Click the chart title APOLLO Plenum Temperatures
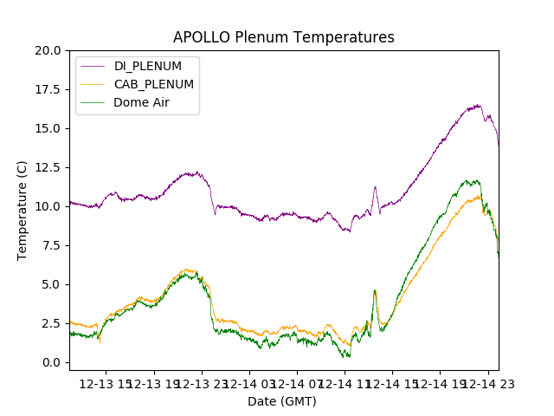(283, 37)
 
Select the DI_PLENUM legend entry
(148, 66)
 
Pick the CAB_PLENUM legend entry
(153, 84)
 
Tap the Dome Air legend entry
(141, 102)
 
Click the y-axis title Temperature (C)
(23, 210)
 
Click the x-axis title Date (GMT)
(282, 401)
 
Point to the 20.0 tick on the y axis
(48, 50)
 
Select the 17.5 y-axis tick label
(48, 89)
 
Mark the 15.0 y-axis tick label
(48, 128)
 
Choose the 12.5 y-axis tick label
(48, 167)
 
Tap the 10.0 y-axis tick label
(48, 206)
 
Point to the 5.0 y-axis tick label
(51, 284)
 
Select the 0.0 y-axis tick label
(51, 362)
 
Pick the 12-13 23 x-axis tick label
(203, 383)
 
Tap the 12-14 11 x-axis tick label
(345, 383)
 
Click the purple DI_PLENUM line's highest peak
(478, 106)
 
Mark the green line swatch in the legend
(94, 102)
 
